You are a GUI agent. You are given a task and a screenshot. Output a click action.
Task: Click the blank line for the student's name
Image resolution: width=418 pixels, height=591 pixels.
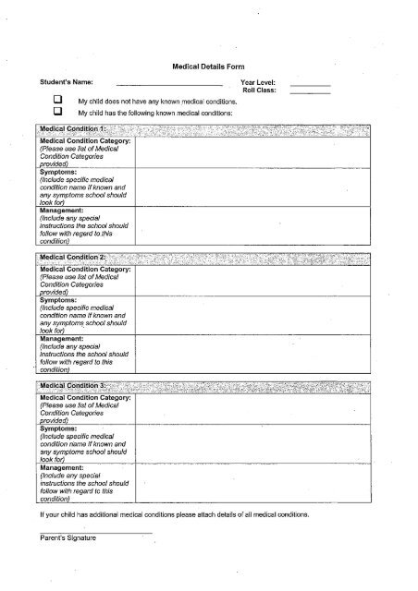[x=176, y=84]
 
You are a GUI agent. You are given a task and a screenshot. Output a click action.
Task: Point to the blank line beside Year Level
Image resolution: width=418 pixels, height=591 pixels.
[x=310, y=84]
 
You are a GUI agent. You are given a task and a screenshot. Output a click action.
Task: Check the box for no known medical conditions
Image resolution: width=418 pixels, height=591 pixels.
[x=56, y=100]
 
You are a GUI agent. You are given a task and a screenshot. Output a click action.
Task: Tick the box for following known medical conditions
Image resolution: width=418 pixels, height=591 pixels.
[x=56, y=112]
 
